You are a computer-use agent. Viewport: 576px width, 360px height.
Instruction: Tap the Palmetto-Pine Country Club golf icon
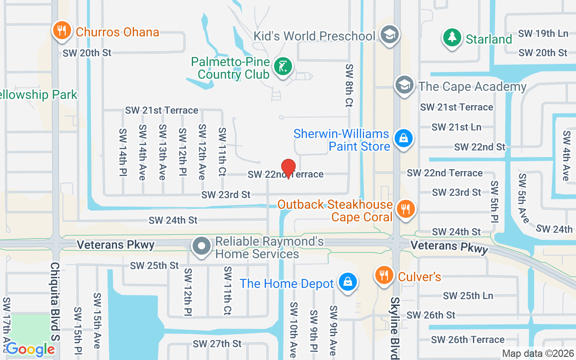tap(283, 67)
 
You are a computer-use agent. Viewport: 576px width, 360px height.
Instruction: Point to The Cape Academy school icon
tap(405, 85)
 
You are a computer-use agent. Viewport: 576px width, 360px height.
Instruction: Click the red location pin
tap(288, 168)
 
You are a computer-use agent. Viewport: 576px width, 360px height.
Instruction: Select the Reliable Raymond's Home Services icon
tap(202, 246)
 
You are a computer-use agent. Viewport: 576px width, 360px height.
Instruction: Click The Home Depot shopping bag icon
tap(347, 282)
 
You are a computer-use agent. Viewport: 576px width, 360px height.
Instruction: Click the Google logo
tap(30, 349)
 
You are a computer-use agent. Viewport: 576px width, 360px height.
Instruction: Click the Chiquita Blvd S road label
tap(55, 310)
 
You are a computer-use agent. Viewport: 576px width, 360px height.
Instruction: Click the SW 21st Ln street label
tap(456, 127)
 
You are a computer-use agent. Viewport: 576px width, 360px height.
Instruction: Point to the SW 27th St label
tap(217, 344)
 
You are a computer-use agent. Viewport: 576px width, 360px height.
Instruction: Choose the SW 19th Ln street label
tap(543, 33)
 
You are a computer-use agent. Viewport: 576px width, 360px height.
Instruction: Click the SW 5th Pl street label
tap(495, 202)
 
